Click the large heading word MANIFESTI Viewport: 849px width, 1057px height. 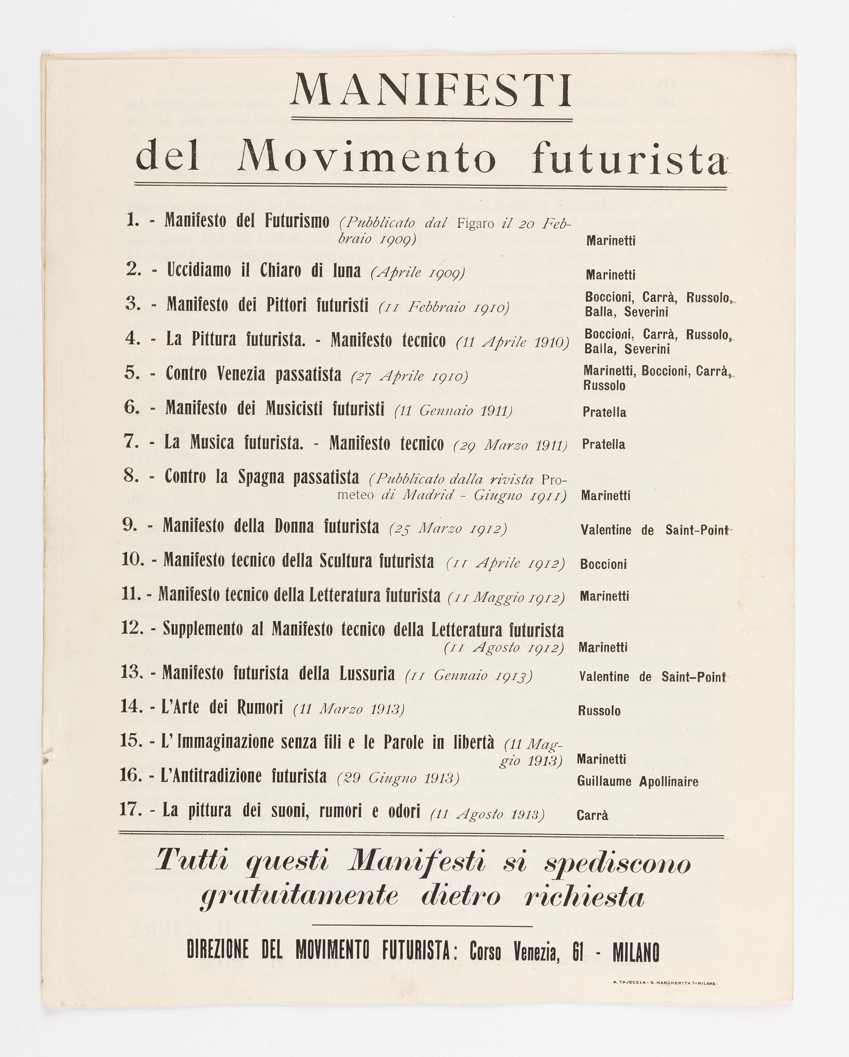point(431,92)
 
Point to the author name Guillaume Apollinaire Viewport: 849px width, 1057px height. point(637,781)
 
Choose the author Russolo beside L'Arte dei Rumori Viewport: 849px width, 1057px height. point(599,711)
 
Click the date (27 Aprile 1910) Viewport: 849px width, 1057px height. point(410,377)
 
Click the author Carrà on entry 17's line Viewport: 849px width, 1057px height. point(592,816)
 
